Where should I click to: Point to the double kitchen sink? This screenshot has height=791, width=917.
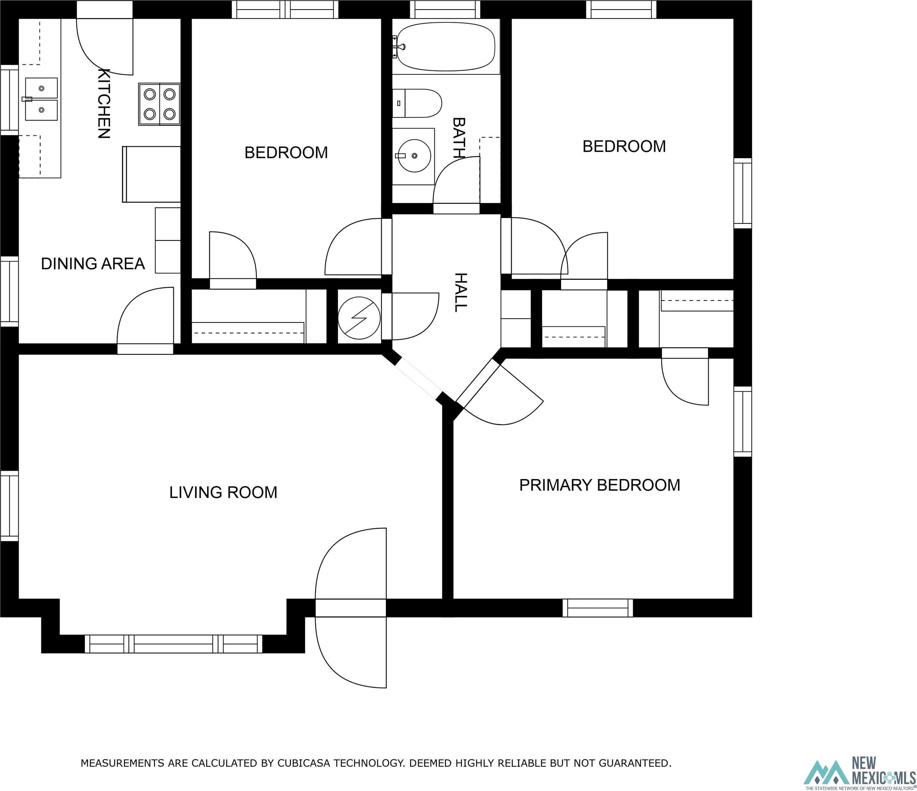[x=41, y=99]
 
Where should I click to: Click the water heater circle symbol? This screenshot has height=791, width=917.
[x=359, y=318]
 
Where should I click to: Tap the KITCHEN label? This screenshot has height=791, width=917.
[x=104, y=103]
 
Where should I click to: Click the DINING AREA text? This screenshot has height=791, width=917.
[x=93, y=264]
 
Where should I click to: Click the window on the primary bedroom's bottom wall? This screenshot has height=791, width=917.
[x=598, y=608]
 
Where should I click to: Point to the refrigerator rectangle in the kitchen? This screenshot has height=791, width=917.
[x=151, y=174]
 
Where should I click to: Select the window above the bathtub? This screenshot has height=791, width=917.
[x=445, y=9]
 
